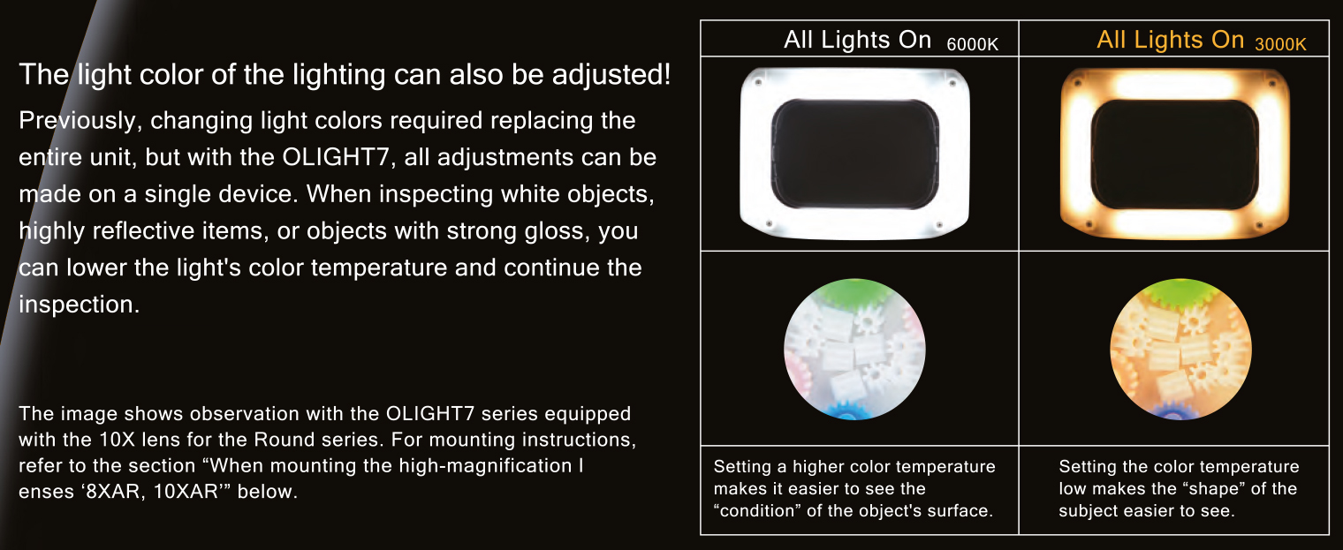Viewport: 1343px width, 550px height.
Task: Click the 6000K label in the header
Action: coord(973,44)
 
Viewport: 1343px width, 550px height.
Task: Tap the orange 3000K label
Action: coord(1280,44)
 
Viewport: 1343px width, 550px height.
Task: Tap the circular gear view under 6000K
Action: coord(854,350)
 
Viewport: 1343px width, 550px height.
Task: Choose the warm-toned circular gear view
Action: coord(1180,350)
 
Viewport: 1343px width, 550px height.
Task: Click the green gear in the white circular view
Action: coord(854,295)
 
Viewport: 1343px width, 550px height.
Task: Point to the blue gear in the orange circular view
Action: coord(1175,411)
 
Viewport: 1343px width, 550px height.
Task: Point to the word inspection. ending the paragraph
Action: coord(80,305)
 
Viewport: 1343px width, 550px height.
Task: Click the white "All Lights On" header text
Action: coord(857,40)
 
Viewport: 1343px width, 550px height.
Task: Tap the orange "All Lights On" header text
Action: coord(1171,40)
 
